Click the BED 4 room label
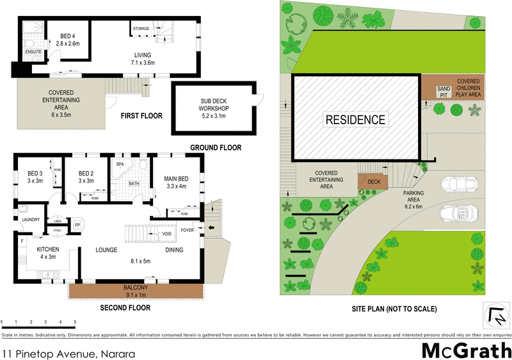coord(67,40)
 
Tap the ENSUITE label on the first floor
coord(33,51)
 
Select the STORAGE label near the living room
coord(141,29)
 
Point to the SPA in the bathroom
coord(120,165)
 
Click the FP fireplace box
coord(78,225)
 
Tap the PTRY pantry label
coord(57,229)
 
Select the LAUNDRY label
coord(30,220)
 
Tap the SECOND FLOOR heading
coord(125,308)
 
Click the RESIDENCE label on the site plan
coord(356,119)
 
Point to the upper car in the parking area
coord(458,184)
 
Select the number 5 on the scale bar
coord(75,322)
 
